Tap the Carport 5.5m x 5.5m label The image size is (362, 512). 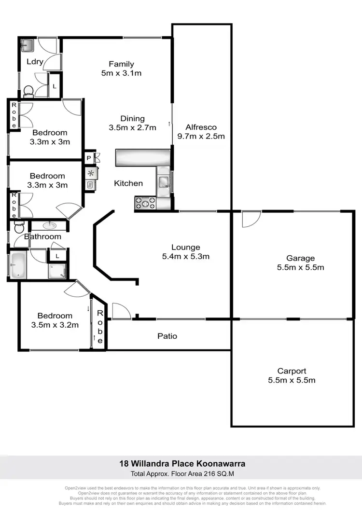point(292,375)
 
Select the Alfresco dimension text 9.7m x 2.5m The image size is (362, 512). point(205,136)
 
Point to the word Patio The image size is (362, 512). point(167,335)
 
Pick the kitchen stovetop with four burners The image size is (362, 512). point(145,203)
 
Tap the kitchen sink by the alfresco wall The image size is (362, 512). point(164,180)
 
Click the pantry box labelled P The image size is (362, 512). point(89,158)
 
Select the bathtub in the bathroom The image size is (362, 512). point(17,265)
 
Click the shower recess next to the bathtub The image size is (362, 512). point(57,270)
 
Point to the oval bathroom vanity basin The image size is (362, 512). point(49,225)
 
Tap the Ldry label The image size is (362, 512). point(35,61)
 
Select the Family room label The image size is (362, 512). point(121,64)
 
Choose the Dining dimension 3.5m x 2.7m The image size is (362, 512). point(133,128)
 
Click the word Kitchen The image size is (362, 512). point(128,183)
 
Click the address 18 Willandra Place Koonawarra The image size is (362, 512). point(182,463)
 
